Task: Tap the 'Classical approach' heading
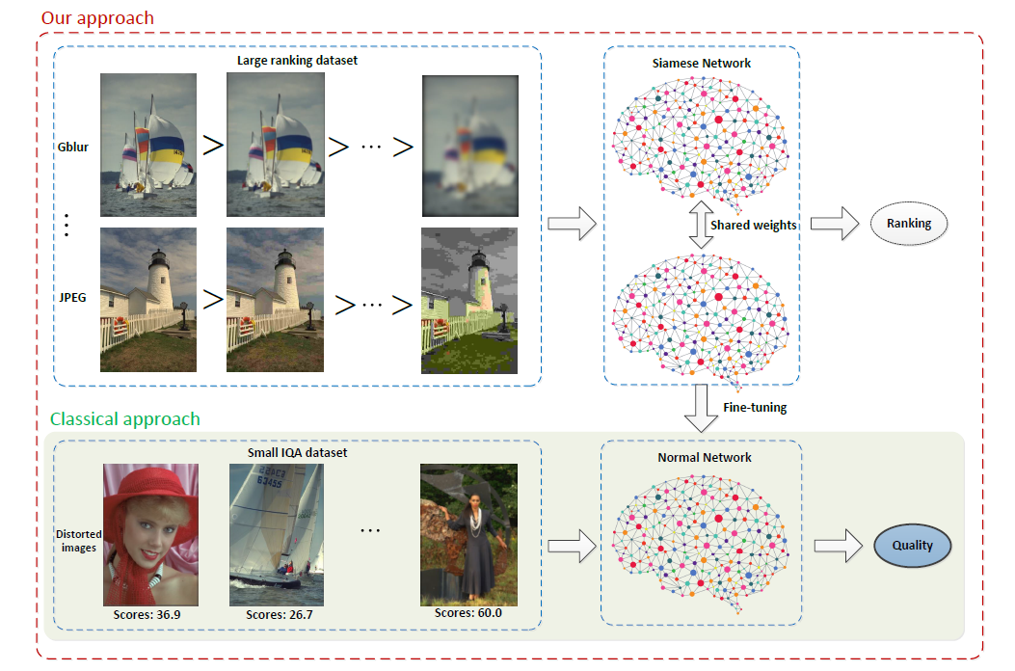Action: point(125,418)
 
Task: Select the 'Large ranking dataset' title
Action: point(297,61)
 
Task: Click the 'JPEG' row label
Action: point(72,297)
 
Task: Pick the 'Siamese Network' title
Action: point(702,64)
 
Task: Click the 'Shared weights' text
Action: point(753,225)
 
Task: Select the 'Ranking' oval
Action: point(909,224)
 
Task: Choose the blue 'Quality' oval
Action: point(912,546)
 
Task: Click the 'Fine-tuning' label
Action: point(755,408)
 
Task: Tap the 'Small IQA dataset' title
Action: point(297,453)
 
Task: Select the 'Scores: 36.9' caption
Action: point(150,614)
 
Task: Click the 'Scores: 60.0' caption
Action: point(467,612)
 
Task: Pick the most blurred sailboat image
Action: point(469,146)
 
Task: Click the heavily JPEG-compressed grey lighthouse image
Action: point(469,300)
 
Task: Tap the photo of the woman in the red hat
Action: point(150,534)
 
